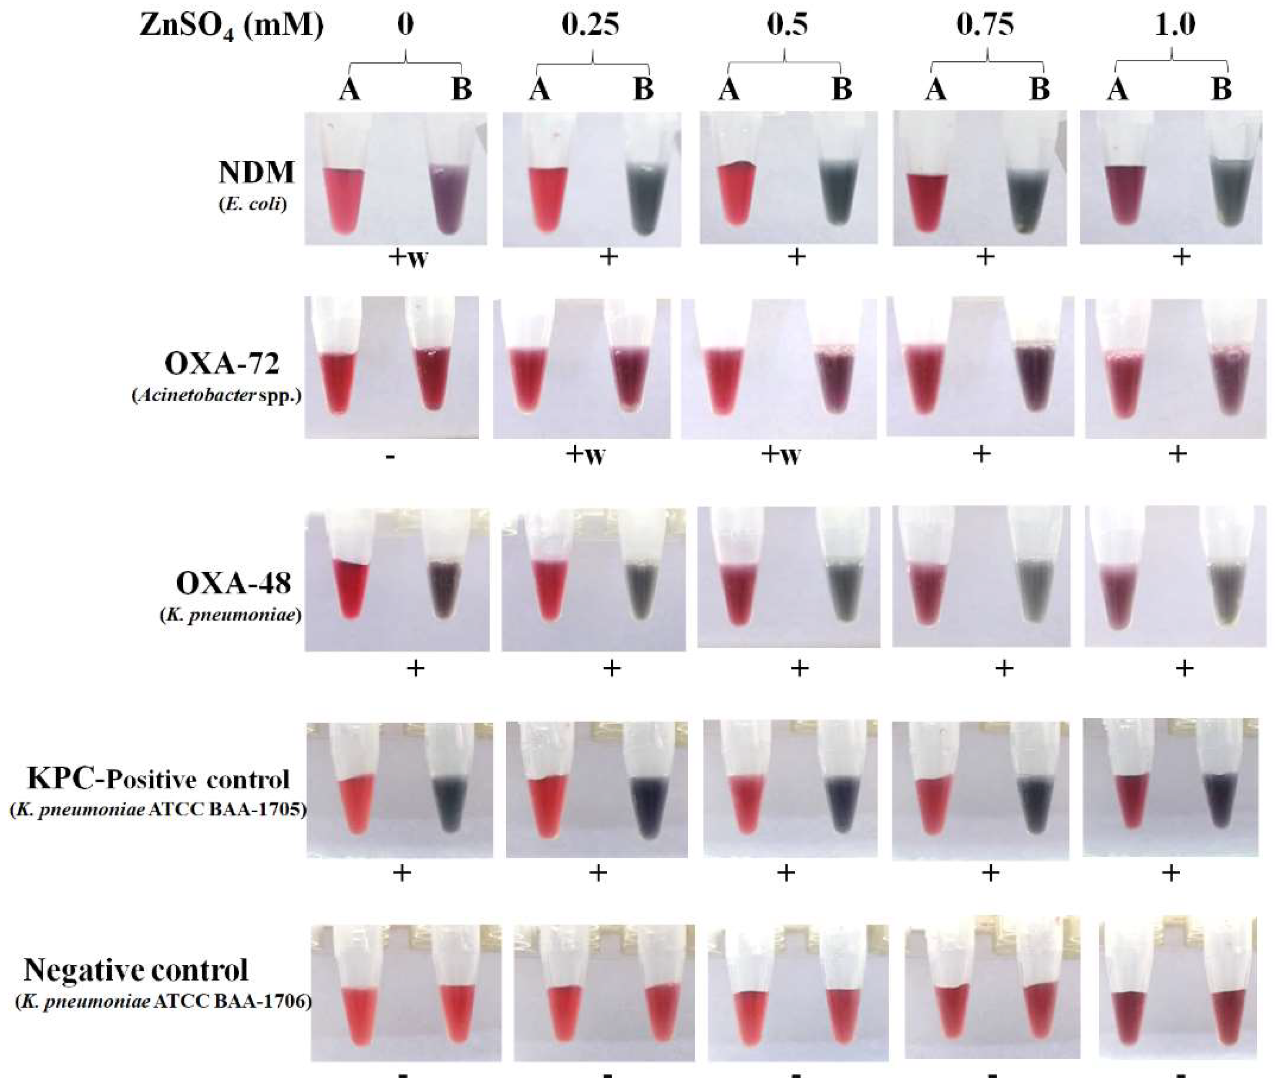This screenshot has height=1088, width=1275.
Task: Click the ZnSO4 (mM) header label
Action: point(232,27)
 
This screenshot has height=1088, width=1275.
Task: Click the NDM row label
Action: point(256,172)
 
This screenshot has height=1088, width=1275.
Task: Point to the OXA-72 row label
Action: point(222,364)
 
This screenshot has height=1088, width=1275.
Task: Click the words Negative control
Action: point(136,970)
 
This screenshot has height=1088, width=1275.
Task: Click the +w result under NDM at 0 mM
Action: point(408,258)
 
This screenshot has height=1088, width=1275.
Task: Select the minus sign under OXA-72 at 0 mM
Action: point(391,457)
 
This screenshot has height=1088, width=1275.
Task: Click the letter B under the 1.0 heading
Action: point(1221,90)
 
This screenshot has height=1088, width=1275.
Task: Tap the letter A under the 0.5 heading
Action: point(729,90)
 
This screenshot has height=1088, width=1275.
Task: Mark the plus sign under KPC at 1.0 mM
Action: point(1171,873)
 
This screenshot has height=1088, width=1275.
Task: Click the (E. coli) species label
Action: point(253,204)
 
